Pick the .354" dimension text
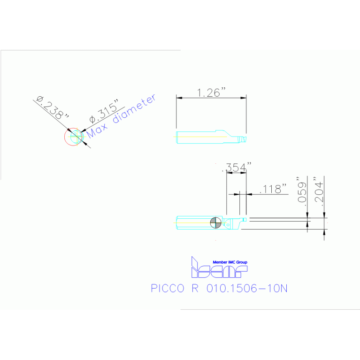pyautogui.click(x=238, y=167)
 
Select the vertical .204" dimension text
pyautogui.click(x=319, y=191)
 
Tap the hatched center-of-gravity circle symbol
pyautogui.click(x=216, y=222)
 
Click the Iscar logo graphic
pyautogui.click(x=218, y=269)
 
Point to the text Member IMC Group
pyautogui.click(x=230, y=262)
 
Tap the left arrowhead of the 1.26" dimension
pyautogui.click(x=178, y=98)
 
